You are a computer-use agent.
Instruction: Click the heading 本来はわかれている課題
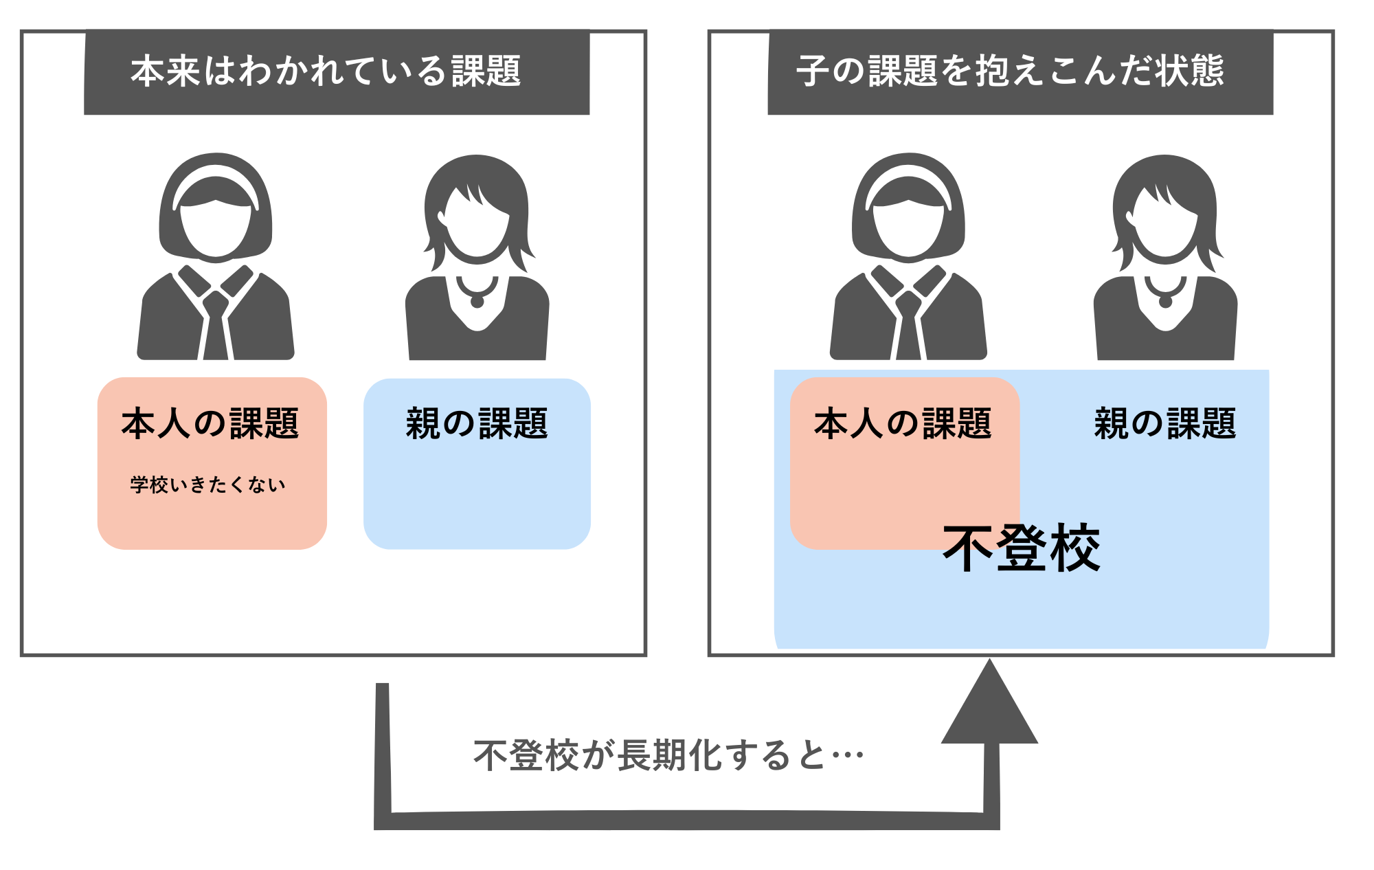coord(326,71)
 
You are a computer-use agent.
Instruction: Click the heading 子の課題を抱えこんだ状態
coord(1010,71)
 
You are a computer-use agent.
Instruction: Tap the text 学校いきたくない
coord(207,485)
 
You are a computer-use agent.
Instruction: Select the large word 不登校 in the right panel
coord(1022,548)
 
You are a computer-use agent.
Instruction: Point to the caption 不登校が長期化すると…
coord(668,756)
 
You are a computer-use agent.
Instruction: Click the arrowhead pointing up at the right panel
coord(989,708)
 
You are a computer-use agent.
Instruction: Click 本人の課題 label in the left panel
coord(210,423)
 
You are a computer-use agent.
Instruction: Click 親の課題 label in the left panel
coord(477,423)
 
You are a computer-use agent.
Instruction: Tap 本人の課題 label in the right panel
coord(903,423)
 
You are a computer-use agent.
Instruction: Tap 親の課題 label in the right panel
coord(1165,423)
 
